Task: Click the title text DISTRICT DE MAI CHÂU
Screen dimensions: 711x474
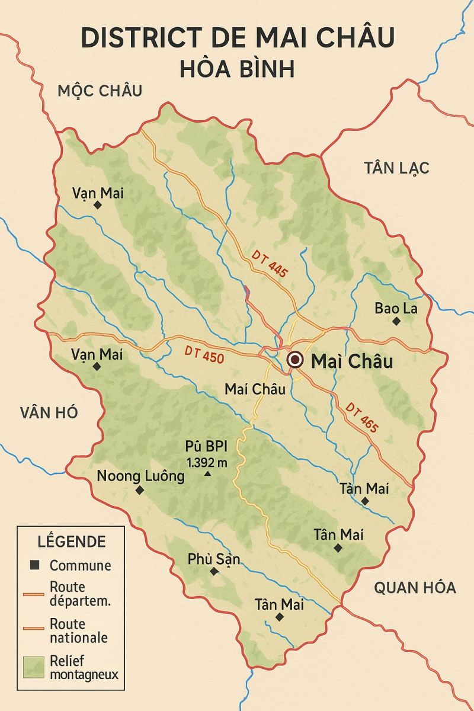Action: [x=237, y=38]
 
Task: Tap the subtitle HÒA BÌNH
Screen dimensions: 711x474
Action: [x=237, y=69]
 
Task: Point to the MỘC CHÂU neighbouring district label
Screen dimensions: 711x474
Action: [x=100, y=91]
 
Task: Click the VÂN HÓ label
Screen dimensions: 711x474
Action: [x=49, y=413]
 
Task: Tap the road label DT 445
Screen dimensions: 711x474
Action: [x=270, y=264]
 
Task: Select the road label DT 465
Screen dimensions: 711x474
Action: [x=361, y=417]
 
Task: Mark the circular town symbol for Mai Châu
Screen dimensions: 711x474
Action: [x=294, y=360]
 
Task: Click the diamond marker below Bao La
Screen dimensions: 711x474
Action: [x=396, y=321]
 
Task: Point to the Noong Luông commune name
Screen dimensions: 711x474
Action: [x=140, y=475]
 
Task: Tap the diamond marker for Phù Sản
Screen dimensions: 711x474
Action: [x=214, y=571]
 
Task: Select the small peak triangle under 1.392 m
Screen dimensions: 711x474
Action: [x=207, y=474]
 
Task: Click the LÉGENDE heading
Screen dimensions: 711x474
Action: [x=72, y=541]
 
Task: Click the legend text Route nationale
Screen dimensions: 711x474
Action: [x=79, y=630]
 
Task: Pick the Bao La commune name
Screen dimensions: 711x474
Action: [x=396, y=308]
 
